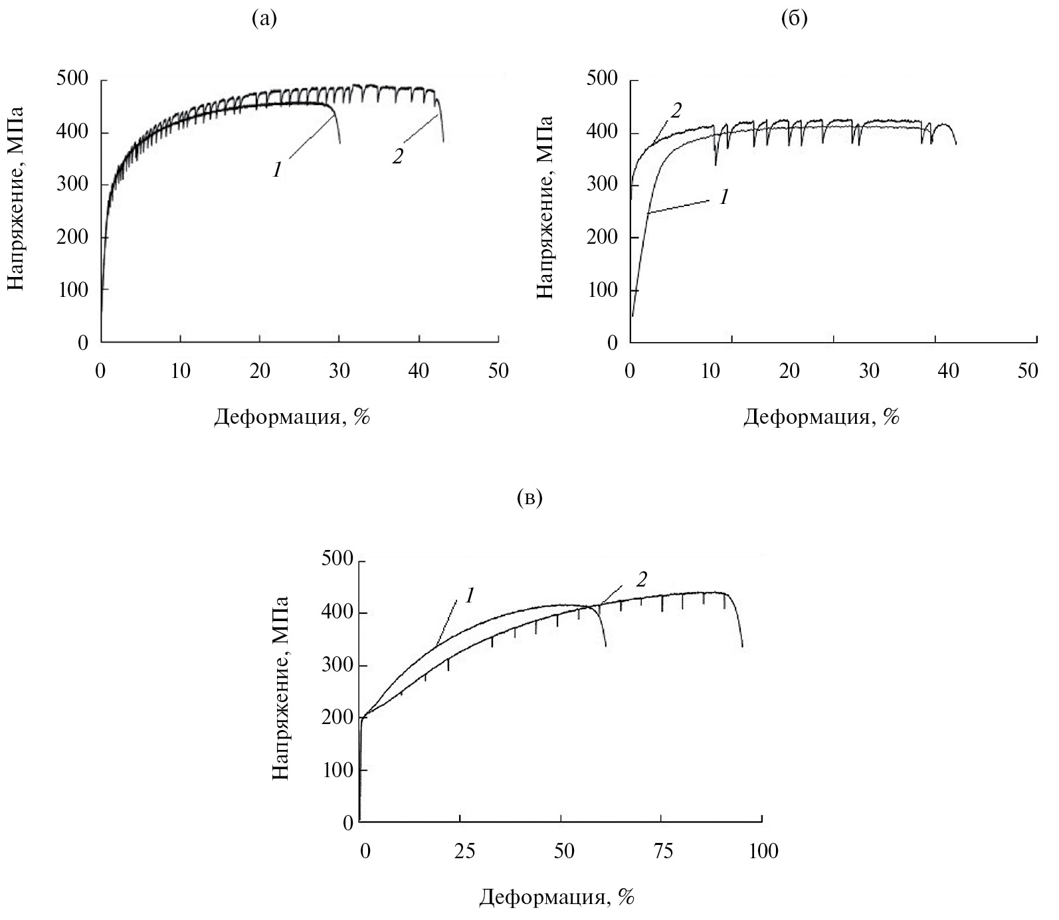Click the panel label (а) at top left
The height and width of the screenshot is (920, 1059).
click(264, 20)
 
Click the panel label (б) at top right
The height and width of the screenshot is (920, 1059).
click(795, 20)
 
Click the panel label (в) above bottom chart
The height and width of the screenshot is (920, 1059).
click(529, 498)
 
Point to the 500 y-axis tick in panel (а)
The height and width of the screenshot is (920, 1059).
click(74, 80)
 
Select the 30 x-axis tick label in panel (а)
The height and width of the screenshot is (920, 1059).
click(339, 371)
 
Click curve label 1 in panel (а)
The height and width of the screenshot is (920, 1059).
click(276, 170)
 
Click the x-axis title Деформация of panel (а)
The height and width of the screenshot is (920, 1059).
click(292, 417)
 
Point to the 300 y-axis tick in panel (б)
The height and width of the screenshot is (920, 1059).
click(603, 185)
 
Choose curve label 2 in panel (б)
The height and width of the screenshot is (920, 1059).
click(676, 110)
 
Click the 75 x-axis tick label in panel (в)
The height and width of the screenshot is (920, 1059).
click(662, 851)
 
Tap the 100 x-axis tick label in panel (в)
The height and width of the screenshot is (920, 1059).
click(763, 851)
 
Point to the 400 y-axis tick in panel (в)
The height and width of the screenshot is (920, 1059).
click(337, 613)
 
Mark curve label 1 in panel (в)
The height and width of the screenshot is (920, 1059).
click(469, 596)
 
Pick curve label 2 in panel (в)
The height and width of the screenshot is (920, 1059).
click(641, 579)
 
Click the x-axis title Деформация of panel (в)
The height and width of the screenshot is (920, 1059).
click(557, 898)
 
